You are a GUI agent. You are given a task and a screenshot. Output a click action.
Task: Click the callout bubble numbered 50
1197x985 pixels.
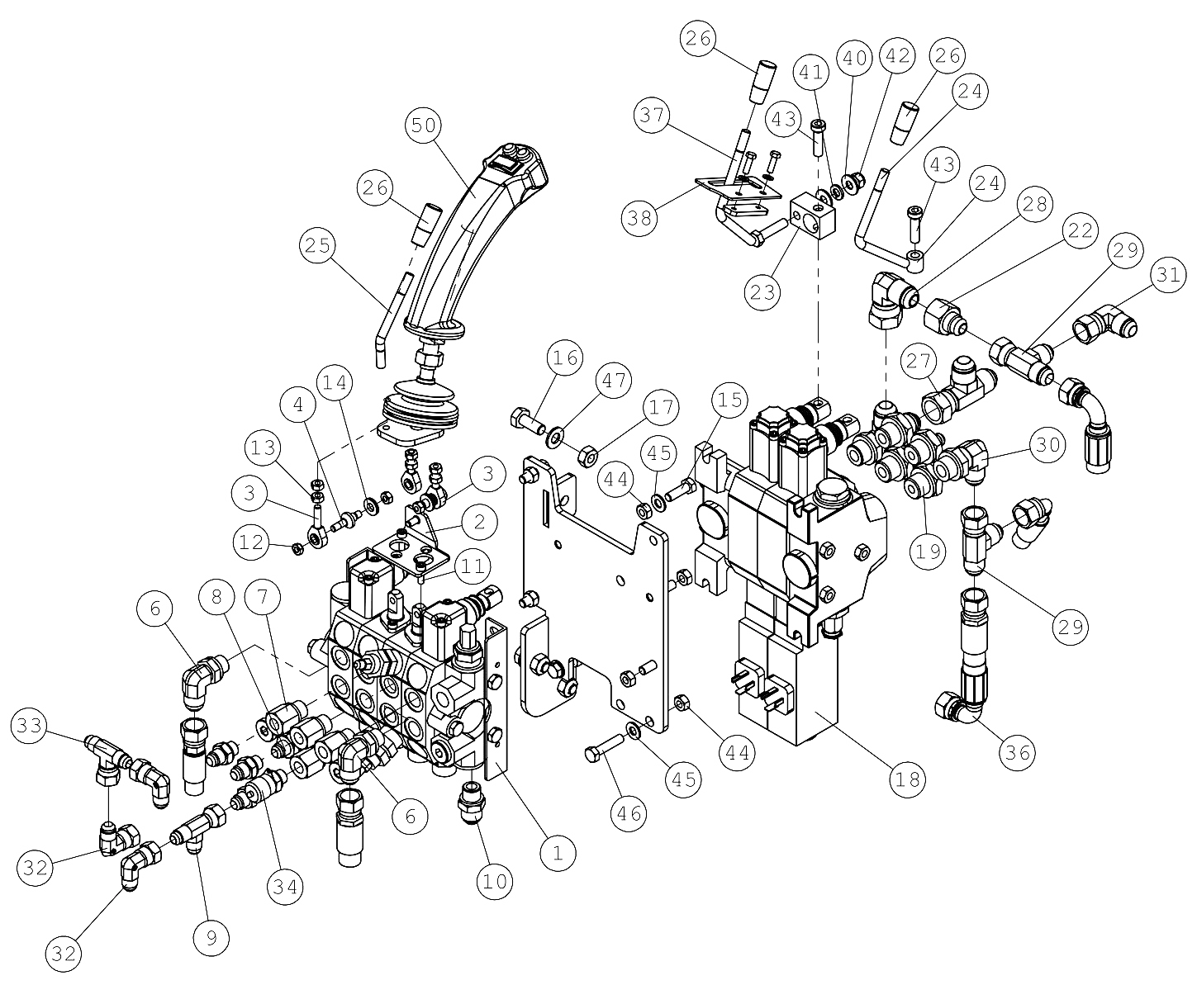coord(424,125)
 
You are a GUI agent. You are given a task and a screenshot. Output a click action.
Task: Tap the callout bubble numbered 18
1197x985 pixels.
coord(907,779)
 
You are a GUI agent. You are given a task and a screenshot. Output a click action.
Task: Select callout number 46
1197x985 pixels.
coord(629,813)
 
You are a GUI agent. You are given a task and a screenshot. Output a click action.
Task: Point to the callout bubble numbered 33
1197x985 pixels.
coord(30,725)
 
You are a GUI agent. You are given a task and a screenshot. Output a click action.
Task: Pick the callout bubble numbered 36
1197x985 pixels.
coord(1018,752)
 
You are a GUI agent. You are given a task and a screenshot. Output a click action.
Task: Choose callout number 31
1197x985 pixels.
coord(1168,275)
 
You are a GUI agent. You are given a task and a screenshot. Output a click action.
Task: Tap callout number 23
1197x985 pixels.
coord(762,292)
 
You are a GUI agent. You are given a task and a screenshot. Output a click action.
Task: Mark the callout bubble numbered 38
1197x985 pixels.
coord(639,218)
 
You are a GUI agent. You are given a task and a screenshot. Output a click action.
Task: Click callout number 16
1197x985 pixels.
coord(565,358)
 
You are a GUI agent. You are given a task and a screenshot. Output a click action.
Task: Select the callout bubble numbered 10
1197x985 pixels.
coord(495,881)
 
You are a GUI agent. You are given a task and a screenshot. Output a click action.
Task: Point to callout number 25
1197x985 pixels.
coord(317,245)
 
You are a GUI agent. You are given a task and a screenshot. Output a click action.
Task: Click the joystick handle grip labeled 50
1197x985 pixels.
coord(477,239)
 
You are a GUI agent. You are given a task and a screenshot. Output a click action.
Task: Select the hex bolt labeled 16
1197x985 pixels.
coord(528,421)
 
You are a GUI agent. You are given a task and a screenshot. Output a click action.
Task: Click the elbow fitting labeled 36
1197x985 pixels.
coord(959,708)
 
